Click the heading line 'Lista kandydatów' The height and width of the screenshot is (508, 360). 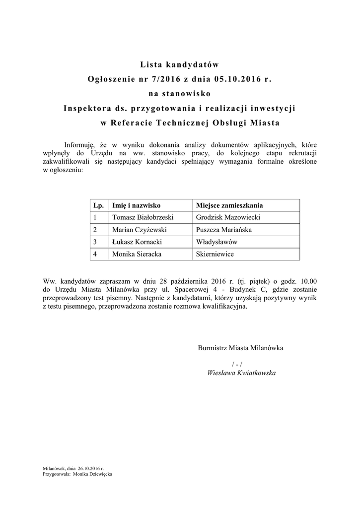[179, 64]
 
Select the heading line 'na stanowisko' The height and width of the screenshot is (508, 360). [179, 93]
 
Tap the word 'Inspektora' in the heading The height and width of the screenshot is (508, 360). [87, 108]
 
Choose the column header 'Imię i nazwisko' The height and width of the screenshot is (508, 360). [137, 205]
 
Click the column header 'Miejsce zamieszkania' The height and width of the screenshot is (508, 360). [229, 205]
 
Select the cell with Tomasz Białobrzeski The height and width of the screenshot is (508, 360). [143, 217]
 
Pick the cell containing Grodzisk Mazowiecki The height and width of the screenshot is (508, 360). [228, 217]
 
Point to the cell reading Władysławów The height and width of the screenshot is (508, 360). [217, 242]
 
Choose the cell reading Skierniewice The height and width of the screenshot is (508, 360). [215, 254]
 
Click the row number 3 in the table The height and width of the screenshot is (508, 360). [94, 242]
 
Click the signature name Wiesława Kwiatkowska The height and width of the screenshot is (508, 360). [241, 373]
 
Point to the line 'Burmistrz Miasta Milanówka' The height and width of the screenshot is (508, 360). [240, 348]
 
